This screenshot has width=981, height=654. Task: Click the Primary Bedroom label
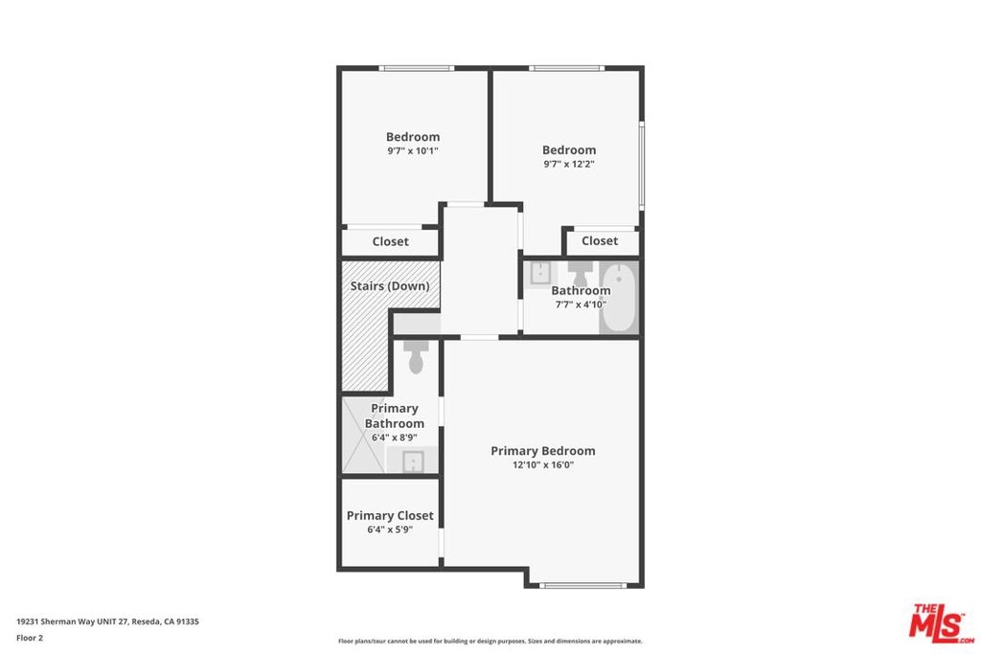542,451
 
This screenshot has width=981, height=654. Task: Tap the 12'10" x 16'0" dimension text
543,464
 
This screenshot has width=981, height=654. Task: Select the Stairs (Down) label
390,285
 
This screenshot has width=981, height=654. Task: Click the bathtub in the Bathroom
619,298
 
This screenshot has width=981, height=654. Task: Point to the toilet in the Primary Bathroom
416,357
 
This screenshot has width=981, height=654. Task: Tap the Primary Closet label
390,516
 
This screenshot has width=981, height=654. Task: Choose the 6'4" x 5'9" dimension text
390,530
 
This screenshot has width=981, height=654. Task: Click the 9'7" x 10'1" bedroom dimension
412,150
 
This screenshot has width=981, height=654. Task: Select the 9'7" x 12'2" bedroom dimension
569,164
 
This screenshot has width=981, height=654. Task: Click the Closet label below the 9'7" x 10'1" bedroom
391,241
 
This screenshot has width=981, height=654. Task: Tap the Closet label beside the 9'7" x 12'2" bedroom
600,240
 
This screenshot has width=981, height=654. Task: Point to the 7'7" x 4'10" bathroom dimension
581,304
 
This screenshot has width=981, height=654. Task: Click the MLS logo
941,623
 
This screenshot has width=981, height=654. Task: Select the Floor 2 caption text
30,638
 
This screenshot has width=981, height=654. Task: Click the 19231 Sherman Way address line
107,621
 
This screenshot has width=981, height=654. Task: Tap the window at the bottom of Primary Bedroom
582,586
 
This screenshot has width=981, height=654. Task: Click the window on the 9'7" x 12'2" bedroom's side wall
642,165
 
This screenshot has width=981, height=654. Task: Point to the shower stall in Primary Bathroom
363,436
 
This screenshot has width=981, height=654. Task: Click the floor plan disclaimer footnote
490,641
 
